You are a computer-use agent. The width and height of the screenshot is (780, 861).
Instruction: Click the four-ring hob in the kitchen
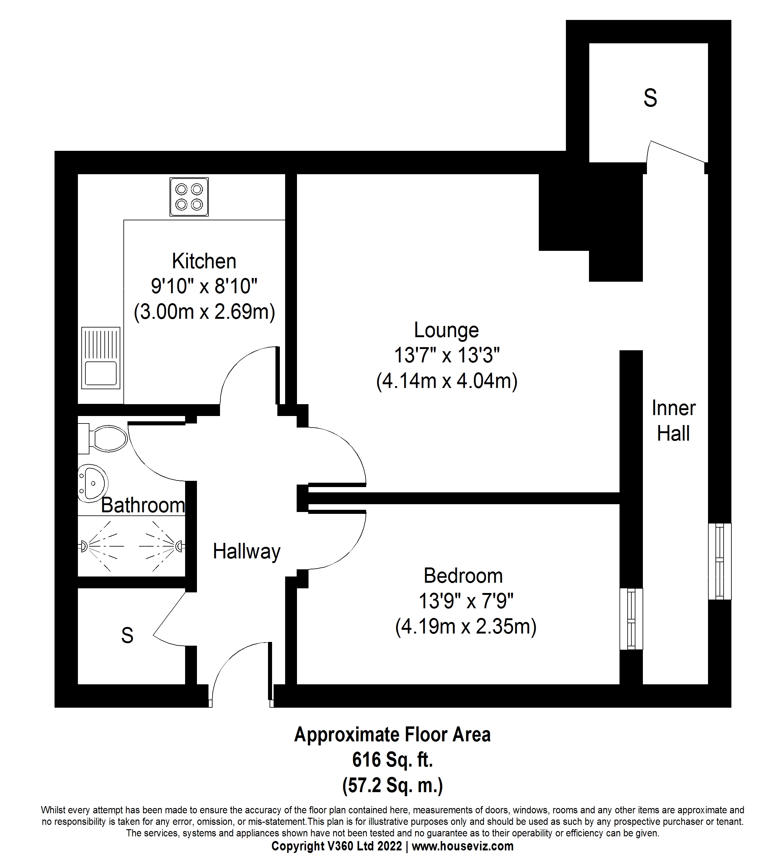click(x=189, y=197)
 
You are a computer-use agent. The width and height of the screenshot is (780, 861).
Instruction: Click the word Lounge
click(x=446, y=330)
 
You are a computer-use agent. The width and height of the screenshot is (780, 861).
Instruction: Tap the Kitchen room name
click(x=204, y=261)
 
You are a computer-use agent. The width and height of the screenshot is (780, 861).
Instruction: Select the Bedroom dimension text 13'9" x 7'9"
click(x=465, y=601)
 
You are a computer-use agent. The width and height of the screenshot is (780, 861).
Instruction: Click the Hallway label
click(x=246, y=551)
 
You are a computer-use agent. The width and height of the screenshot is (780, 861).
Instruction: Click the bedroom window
click(x=631, y=619)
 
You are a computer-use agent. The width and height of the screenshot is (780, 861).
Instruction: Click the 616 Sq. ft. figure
click(x=392, y=760)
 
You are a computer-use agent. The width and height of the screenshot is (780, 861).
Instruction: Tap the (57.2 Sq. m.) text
click(x=392, y=785)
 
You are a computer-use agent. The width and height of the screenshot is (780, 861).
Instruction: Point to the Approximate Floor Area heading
click(x=392, y=734)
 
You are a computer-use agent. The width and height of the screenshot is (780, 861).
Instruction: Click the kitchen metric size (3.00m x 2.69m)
click(x=204, y=312)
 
